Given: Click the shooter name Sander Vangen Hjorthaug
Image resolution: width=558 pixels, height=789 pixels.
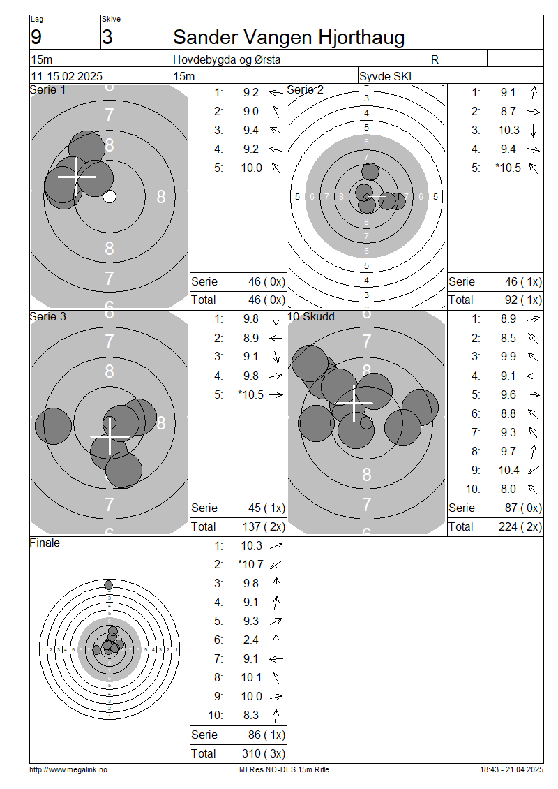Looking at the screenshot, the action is point(289,37).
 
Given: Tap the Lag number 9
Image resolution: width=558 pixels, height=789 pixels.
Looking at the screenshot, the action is point(36,37).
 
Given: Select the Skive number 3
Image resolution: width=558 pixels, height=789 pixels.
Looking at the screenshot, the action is point(107,37).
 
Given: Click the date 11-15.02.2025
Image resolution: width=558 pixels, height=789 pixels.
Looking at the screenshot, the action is point(67,76).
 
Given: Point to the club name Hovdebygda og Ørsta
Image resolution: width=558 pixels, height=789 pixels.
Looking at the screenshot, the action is point(227,59).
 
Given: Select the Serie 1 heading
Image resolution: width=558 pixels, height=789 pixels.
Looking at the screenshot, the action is point(47,89).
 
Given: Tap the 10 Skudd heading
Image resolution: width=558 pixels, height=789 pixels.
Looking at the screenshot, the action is point(311,316).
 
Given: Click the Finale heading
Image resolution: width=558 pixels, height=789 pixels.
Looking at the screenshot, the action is point(45,543).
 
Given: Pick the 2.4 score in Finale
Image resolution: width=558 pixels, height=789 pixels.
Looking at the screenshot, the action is point(251,640).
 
